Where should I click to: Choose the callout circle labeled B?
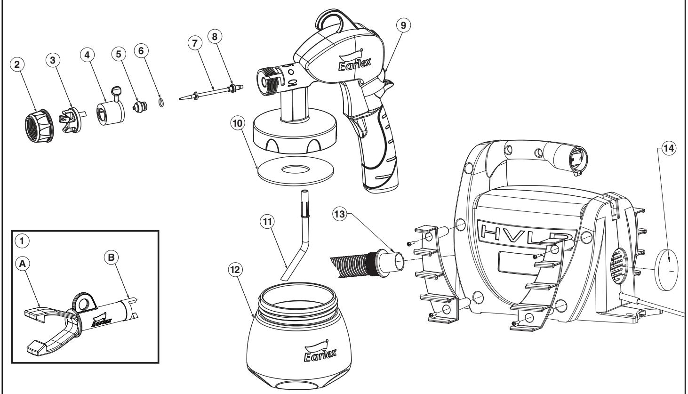[x=107, y=258]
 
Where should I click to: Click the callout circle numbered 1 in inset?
[x=19, y=240]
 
